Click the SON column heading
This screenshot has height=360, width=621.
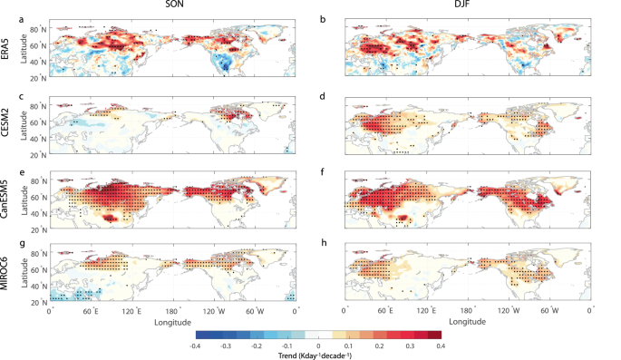(x=169, y=6)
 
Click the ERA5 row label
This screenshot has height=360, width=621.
(x=6, y=52)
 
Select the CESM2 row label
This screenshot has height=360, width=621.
(x=6, y=125)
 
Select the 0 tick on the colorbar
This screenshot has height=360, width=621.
(x=318, y=345)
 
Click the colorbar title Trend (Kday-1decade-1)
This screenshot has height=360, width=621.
(x=318, y=355)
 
